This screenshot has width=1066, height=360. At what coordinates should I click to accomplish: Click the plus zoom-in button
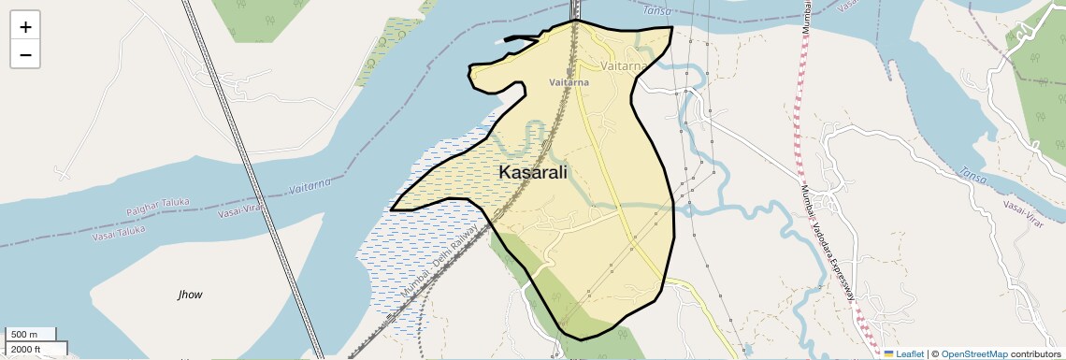pyautogui.click(x=25, y=27)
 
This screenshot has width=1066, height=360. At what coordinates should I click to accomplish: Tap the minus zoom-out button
pyautogui.click(x=25, y=55)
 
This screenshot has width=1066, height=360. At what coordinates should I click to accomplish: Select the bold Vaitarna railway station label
pyautogui.click(x=569, y=83)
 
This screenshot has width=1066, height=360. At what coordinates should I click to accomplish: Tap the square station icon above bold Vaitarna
pyautogui.click(x=569, y=71)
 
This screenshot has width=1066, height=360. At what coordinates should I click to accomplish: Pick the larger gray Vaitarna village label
pyautogui.click(x=624, y=67)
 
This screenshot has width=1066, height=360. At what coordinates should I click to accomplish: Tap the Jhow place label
pyautogui.click(x=190, y=295)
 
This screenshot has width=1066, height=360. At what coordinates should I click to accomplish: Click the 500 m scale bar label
pyautogui.click(x=24, y=335)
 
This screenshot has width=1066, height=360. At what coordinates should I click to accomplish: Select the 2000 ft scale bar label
pyautogui.click(x=25, y=350)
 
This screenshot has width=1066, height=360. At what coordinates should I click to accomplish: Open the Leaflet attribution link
pyautogui.click(x=910, y=353)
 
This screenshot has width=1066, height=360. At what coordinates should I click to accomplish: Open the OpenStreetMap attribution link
pyautogui.click(x=973, y=353)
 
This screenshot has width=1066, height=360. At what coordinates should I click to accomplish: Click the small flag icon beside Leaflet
pyautogui.click(x=889, y=353)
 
